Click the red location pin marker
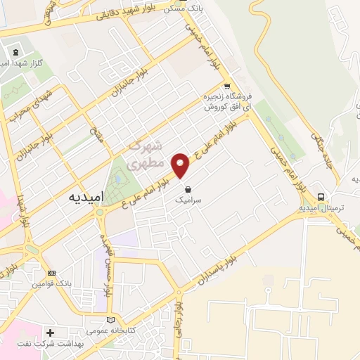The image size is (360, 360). tap(181, 165)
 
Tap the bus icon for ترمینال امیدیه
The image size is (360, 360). tap(321, 197)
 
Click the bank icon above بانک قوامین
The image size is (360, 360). tap(51, 273)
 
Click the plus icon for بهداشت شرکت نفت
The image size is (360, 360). tap(50, 332)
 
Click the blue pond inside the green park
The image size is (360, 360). tap(117, 179)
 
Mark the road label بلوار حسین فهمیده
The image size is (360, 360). tap(108, 269)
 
